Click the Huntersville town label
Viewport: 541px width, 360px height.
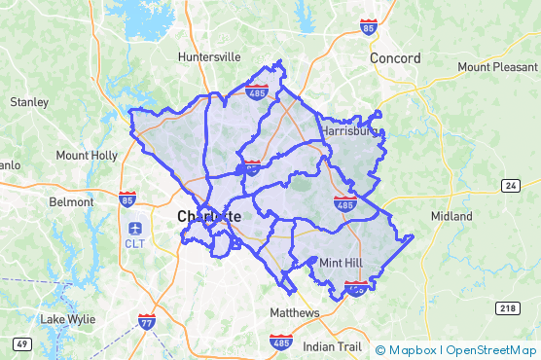click(x=208, y=57)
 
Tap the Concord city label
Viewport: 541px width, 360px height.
click(x=395, y=58)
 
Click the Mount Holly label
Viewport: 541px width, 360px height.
click(x=87, y=156)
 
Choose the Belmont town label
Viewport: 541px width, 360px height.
click(x=72, y=202)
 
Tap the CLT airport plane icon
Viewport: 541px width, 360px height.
click(x=134, y=228)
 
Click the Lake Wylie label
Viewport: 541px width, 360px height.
click(x=67, y=319)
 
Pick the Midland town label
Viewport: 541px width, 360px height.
click(x=451, y=216)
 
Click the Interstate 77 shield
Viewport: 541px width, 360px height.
click(x=147, y=322)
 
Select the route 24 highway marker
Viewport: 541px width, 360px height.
click(x=512, y=185)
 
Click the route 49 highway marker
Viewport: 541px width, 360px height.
click(x=21, y=343)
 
